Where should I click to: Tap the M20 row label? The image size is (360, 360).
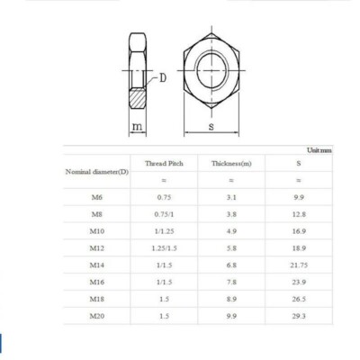click(x=97, y=316)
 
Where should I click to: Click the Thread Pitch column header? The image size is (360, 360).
click(x=164, y=164)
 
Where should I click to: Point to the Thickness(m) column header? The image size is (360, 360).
click(x=232, y=164)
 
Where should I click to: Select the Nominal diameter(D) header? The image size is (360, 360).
click(x=97, y=171)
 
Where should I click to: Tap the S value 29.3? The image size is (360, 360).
click(x=299, y=316)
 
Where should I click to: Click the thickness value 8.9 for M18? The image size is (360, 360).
click(x=232, y=299)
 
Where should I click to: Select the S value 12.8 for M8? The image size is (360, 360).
click(x=299, y=215)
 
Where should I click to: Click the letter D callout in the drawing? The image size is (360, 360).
click(x=164, y=77)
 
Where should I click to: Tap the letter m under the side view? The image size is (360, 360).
click(x=137, y=127)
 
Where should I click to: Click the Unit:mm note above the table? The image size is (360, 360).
click(x=319, y=149)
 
